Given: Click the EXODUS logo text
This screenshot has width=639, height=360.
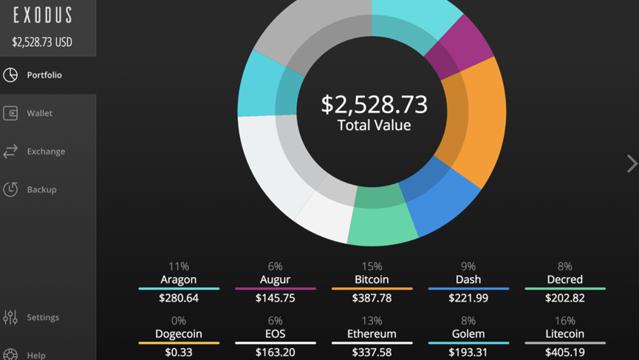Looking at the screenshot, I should coord(43,15).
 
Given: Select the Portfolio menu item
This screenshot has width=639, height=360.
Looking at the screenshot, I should coord(44,75).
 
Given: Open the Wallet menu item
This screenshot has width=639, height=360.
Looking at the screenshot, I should coord(39,113).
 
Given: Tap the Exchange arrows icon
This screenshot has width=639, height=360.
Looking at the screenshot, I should coord(10,152).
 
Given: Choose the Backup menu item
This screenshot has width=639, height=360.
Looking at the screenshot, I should coord(41,189).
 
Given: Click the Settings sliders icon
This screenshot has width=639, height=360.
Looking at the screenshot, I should coord(10,317).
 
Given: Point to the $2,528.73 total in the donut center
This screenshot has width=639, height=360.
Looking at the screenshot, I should coord(374,104).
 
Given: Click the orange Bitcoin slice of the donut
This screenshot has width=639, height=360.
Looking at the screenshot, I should coord(476,122).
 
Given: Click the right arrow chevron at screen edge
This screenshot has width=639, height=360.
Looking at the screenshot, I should coord(631,163).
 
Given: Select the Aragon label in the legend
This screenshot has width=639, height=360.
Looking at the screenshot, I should coord(179,279).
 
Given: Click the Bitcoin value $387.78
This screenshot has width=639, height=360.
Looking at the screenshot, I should coord(372,298).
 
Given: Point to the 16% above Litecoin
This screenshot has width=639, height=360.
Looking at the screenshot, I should coord(564,321).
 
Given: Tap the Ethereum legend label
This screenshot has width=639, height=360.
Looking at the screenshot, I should coord(372,334).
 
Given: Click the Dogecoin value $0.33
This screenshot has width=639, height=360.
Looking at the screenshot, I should coord(179,352).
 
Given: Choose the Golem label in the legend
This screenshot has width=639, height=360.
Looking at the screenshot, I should coord(468,334).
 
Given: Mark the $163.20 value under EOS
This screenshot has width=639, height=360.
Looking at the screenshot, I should coord(276,352).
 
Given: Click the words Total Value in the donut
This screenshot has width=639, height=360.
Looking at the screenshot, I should coord(374,125).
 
